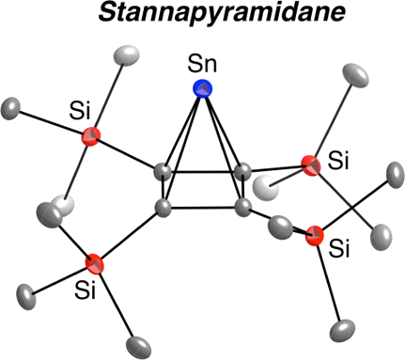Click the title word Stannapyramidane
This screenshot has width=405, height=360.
click(x=204, y=16)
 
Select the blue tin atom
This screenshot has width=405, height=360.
click(x=202, y=89)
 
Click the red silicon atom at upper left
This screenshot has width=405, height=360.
click(x=90, y=137)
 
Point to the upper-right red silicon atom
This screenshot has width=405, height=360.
click(x=311, y=164)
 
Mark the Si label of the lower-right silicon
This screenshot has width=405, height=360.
click(x=341, y=249)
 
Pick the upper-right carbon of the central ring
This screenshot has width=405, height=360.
click(x=243, y=173)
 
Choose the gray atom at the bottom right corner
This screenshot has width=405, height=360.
click(x=344, y=331)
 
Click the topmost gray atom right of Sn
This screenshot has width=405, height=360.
click(x=355, y=74)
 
